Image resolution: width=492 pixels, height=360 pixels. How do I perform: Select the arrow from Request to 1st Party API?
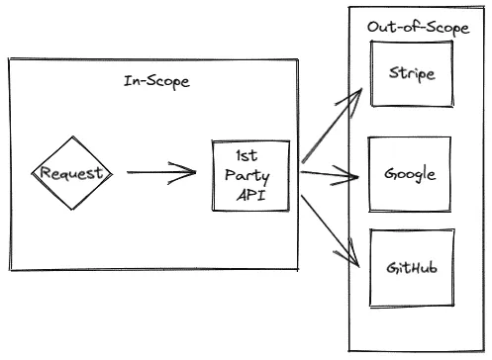[158, 175]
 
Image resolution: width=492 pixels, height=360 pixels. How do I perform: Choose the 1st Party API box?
[251, 175]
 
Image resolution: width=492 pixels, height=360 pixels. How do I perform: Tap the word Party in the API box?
[251, 175]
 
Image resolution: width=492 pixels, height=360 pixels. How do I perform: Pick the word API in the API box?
[251, 194]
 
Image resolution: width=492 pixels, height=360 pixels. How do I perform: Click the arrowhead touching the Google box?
[354, 179]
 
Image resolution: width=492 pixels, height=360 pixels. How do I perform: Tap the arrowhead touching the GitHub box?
[353, 260]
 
